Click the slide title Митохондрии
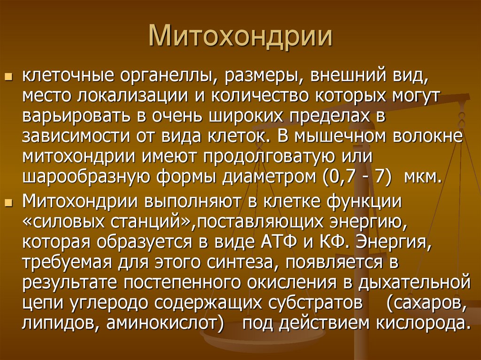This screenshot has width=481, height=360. [x=240, y=37]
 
